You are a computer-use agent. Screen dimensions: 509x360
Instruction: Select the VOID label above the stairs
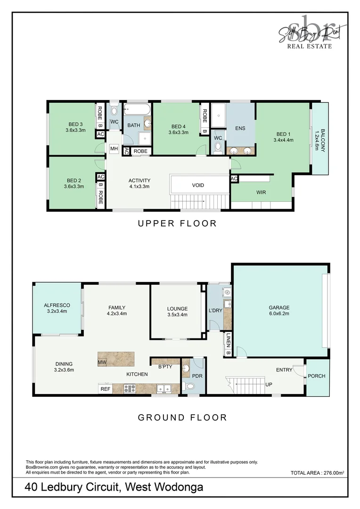point(198,185)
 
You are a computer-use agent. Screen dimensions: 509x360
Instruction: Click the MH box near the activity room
point(114,149)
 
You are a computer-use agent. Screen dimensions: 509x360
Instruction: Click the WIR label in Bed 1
point(262,193)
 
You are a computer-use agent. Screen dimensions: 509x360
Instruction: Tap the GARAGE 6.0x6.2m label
point(279,311)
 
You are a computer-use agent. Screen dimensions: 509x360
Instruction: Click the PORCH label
point(316,376)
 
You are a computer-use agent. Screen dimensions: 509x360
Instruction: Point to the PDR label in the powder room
point(196,376)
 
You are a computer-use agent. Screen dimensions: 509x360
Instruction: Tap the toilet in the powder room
point(190,386)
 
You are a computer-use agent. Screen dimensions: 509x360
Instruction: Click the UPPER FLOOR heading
point(177,223)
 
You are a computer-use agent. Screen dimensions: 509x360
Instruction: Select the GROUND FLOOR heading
point(182,417)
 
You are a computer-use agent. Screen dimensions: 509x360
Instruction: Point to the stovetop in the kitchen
point(130,389)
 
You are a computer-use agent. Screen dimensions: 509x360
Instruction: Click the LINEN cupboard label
point(228,339)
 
